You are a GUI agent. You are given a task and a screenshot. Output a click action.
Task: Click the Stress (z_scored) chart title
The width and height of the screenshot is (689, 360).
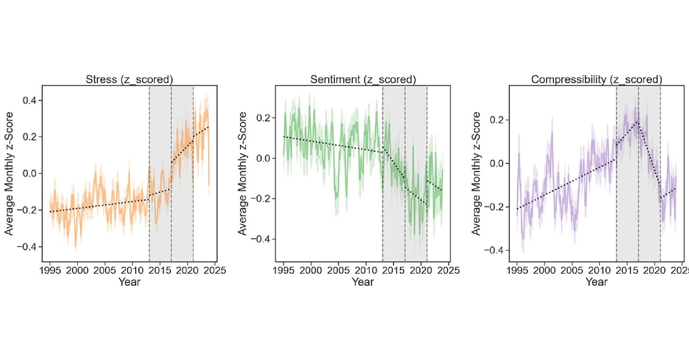pyautogui.click(x=129, y=79)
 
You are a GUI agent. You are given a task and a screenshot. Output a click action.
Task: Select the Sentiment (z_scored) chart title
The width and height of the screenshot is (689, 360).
pyautogui.click(x=363, y=79)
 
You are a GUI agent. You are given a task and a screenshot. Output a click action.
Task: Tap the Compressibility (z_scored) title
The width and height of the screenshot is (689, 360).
pyautogui.click(x=596, y=79)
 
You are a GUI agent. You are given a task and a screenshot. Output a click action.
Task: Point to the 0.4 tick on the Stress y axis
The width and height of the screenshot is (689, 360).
pyautogui.click(x=30, y=101)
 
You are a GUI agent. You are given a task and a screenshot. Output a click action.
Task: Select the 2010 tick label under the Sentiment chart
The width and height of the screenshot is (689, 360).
pyautogui.click(x=366, y=270)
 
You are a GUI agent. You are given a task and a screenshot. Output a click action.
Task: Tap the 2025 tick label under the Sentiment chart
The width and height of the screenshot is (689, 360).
pyautogui.click(x=448, y=270)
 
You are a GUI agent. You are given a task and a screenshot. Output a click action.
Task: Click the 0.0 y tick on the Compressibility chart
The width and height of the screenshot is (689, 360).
pyautogui.click(x=497, y=163)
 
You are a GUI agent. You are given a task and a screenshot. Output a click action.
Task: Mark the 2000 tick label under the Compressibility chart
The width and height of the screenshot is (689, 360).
pyautogui.click(x=545, y=270)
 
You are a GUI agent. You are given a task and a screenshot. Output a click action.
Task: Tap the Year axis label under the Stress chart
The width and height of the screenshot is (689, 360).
pyautogui.click(x=129, y=282)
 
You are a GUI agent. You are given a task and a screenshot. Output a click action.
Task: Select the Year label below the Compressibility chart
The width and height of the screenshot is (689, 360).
pyautogui.click(x=596, y=282)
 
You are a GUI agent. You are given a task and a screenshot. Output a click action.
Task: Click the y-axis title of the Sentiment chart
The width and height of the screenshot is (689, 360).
pyautogui.click(x=243, y=173)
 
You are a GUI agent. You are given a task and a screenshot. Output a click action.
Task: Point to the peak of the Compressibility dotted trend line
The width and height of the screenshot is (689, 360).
pyautogui.click(x=638, y=122)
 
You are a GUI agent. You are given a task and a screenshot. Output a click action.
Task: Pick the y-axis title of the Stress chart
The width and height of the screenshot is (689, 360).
pyautogui.click(x=9, y=173)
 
